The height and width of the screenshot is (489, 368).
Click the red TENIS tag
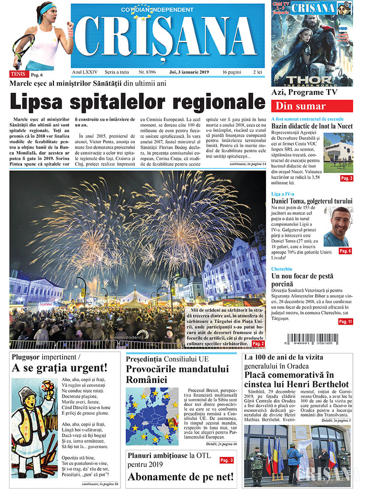coord(18,73)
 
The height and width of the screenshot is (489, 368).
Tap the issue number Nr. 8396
coord(147,72)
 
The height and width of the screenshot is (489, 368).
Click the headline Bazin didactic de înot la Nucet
coord(312,126)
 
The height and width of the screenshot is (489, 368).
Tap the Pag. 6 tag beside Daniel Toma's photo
coord(345,251)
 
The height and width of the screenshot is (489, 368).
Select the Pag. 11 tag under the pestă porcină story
coord(345,321)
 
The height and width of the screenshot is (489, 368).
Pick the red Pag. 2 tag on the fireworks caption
coord(258,343)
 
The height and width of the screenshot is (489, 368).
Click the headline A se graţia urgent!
coord(59,368)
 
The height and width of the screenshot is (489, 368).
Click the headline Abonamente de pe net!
coord(180,477)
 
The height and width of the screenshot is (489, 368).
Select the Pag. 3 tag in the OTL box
coord(226,460)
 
